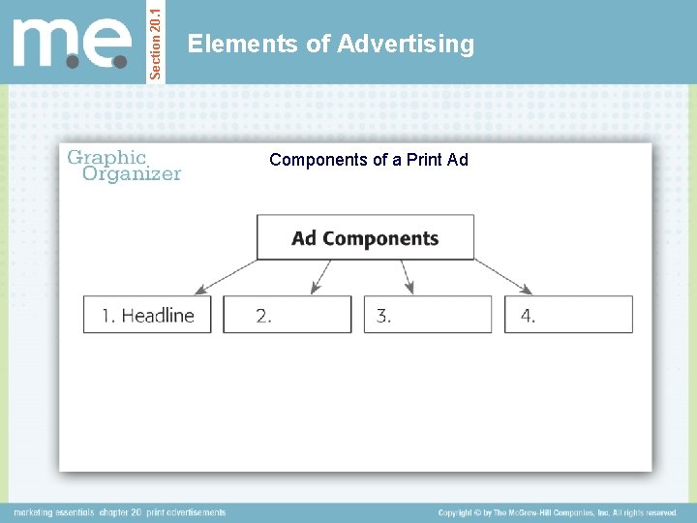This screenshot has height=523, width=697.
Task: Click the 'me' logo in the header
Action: pyautogui.click(x=72, y=43)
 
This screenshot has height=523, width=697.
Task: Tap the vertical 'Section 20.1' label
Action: pyautogui.click(x=156, y=41)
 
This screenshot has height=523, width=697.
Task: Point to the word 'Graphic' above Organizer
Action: pyautogui.click(x=106, y=157)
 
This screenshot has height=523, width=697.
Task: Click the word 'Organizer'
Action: pyautogui.click(x=132, y=174)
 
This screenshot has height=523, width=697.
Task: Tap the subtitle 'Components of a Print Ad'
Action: pyautogui.click(x=368, y=160)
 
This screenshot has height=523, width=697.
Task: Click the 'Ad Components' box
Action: pyautogui.click(x=365, y=238)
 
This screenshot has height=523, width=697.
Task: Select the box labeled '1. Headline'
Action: pyautogui.click(x=147, y=315)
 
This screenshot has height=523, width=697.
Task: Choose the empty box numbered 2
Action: pyautogui.click(x=288, y=315)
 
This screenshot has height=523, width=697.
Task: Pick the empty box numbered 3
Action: pyautogui.click(x=428, y=315)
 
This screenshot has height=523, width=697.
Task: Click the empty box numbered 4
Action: pyautogui.click(x=568, y=315)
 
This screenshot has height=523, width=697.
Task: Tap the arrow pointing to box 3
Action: pyautogui.click(x=407, y=277)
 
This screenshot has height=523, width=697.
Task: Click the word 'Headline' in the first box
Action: pyautogui.click(x=158, y=315)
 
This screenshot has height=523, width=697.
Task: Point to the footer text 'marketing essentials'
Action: pyautogui.click(x=53, y=512)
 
